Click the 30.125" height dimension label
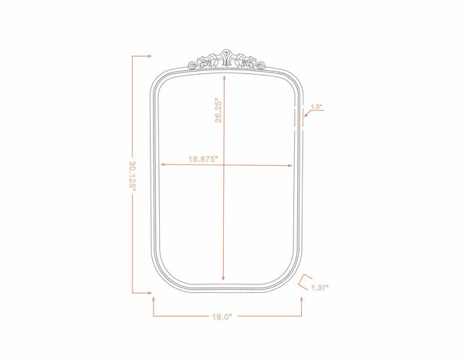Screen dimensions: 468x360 click(x=133, y=175)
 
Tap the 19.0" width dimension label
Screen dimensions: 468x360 click(x=222, y=316)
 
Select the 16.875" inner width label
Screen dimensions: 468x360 click(x=204, y=159)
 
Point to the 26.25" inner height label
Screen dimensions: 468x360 click(x=218, y=110)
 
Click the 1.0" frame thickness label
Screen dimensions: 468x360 click(x=316, y=107)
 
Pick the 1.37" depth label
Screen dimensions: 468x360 click(x=320, y=288)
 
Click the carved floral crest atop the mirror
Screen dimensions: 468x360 click(x=226, y=60)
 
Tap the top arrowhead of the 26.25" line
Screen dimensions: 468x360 click(x=224, y=78)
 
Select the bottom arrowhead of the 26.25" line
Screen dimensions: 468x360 click(x=223, y=278)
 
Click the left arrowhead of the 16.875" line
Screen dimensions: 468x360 click(x=163, y=164)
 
